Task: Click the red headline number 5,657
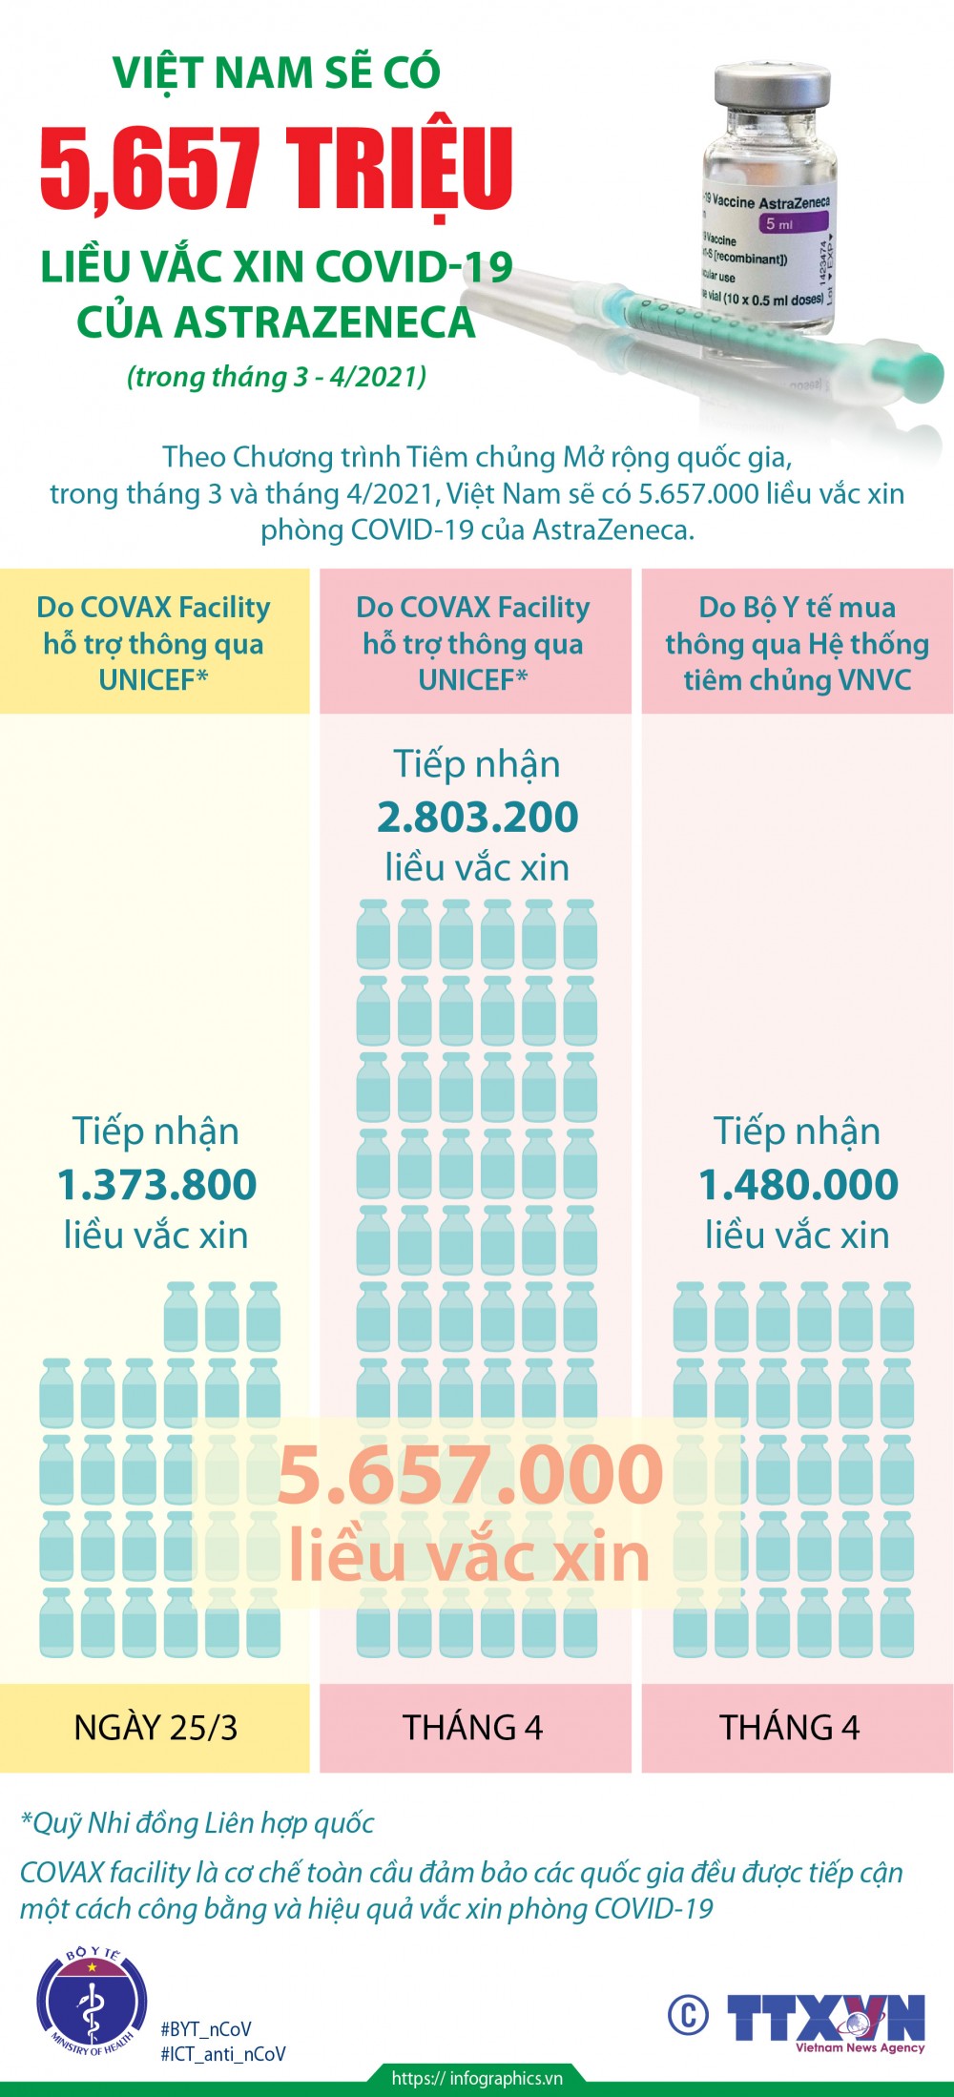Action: pyautogui.click(x=151, y=170)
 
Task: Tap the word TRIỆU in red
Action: pyautogui.click(x=401, y=170)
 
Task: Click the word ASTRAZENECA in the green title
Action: pyautogui.click(x=276, y=322)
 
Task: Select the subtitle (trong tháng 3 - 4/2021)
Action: pyautogui.click(x=277, y=376)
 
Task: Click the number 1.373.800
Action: pyautogui.click(x=156, y=1184)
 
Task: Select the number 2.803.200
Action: pyautogui.click(x=477, y=817)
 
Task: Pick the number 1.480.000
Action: pyautogui.click(x=798, y=1184)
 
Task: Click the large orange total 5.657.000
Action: pyautogui.click(x=469, y=1474)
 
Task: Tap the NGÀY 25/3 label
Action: pyautogui.click(x=156, y=1728)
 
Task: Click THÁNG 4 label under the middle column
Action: pyautogui.click(x=473, y=1728)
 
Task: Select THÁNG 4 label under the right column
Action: pyautogui.click(x=790, y=1728)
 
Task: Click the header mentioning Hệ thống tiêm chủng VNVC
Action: pyautogui.click(x=797, y=643)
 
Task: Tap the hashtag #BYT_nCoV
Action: pyautogui.click(x=206, y=2028)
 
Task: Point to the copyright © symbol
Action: pyautogui.click(x=688, y=2015)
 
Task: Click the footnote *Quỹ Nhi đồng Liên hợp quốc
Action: pyautogui.click(x=197, y=1823)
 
